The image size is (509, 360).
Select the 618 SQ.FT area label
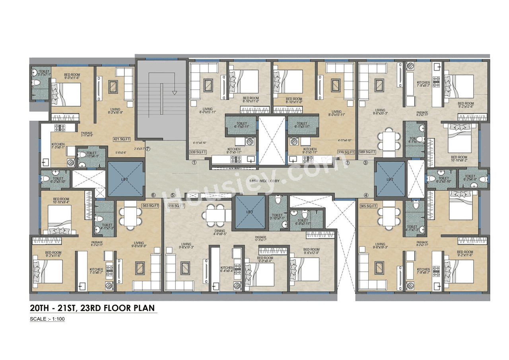[x=176, y=206]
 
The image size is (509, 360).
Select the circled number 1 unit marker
[x=194, y=163]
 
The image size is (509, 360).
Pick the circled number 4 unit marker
[x=366, y=195]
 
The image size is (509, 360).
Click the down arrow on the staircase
[x=174, y=92]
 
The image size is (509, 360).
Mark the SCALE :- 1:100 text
[x=47, y=319]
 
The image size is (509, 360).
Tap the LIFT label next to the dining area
[x=250, y=212]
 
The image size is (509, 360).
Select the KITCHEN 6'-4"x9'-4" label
[x=227, y=269]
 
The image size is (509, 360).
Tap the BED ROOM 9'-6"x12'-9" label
[x=311, y=251]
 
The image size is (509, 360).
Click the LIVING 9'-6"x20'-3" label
[x=380, y=112]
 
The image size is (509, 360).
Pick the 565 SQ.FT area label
[x=368, y=206]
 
